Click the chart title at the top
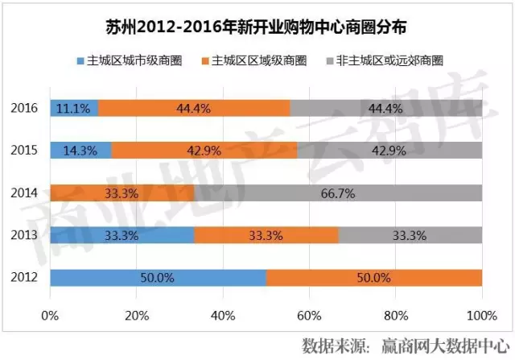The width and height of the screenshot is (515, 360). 257,27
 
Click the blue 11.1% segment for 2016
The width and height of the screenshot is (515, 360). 74,108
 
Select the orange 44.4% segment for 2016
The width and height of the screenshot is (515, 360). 194,108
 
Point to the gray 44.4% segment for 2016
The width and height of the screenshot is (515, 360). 386,108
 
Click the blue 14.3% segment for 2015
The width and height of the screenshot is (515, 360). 80,151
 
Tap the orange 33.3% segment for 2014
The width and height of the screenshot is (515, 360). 122,193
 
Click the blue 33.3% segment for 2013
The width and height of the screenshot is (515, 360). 122,236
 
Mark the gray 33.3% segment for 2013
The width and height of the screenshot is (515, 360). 410,236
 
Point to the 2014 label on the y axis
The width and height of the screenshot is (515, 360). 27,193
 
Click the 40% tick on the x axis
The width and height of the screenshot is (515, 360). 223,313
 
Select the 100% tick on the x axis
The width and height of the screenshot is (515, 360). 481,313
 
